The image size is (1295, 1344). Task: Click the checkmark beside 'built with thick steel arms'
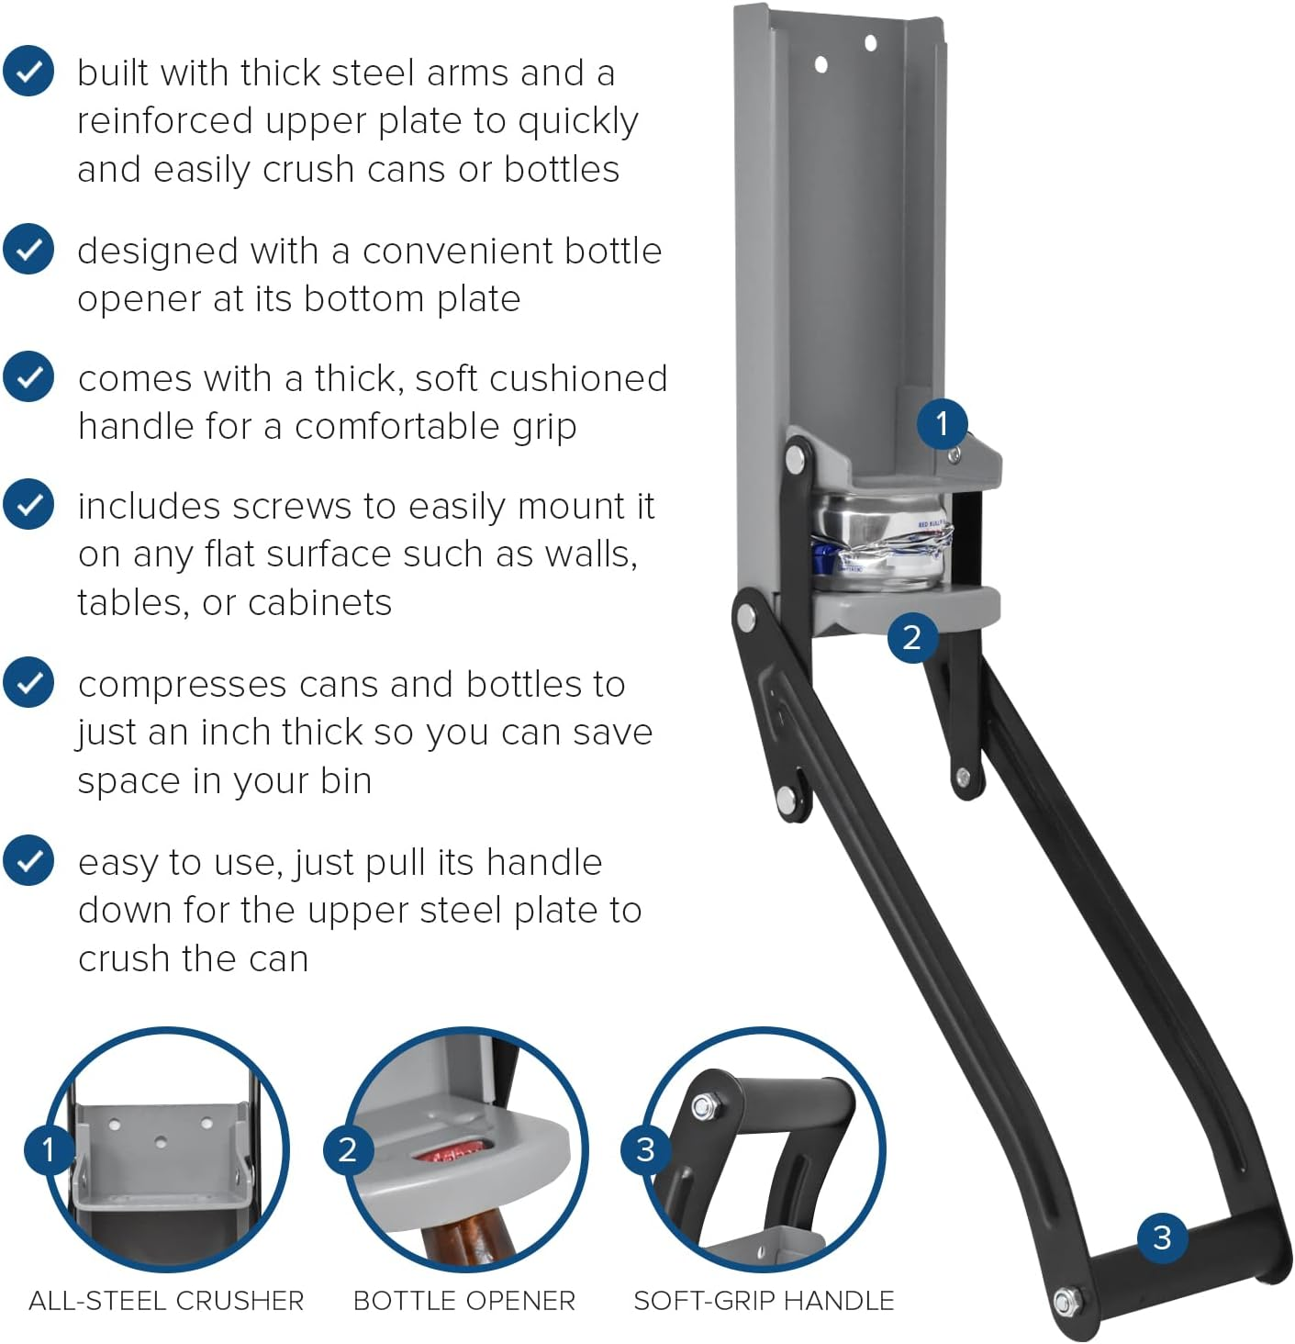(28, 71)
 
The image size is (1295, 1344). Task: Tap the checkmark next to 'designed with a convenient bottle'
(28, 249)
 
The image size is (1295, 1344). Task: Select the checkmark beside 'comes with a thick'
(28, 376)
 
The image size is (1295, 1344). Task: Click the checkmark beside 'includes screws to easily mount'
(28, 504)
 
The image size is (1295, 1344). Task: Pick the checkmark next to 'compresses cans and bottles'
(28, 682)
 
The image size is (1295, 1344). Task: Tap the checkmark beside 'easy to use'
(28, 860)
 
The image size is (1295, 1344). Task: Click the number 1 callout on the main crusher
(943, 423)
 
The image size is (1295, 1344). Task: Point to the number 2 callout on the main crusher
(912, 637)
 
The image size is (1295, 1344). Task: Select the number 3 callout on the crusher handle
(1163, 1238)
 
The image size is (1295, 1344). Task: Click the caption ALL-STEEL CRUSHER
(166, 1301)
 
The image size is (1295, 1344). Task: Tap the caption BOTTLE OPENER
(464, 1301)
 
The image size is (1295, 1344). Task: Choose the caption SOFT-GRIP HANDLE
(765, 1301)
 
